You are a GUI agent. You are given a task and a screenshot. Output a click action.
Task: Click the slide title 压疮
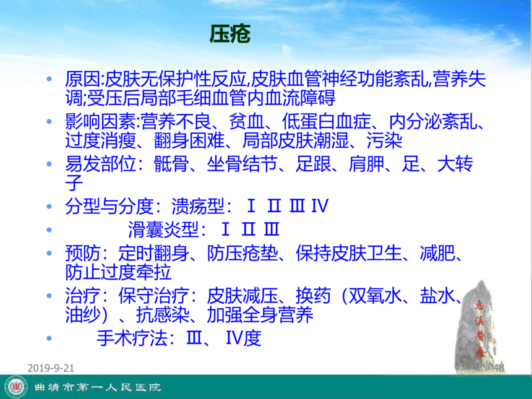230,34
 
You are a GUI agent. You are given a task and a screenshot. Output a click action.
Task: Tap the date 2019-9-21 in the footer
51,368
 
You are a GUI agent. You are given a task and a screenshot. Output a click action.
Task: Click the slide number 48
499,368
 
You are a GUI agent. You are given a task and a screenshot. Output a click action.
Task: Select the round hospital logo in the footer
17,387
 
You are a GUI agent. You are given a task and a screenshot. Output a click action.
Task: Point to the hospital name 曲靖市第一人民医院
97,387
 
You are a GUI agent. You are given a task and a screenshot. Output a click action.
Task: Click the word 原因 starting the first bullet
83,79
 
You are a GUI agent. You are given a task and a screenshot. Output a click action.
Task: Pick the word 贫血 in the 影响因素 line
246,121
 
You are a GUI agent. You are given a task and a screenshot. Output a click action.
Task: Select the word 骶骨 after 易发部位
171,164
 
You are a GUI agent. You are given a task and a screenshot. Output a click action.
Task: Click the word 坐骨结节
242,164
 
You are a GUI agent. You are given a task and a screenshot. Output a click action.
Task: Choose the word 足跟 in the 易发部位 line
313,164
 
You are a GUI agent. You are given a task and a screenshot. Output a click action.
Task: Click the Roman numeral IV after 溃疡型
320,206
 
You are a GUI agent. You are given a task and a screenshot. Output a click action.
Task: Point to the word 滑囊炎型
163,230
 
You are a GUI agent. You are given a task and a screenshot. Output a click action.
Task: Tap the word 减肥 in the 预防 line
437,253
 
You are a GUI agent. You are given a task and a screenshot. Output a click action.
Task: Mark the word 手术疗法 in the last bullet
132,338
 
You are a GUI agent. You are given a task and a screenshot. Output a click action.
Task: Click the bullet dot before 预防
49,253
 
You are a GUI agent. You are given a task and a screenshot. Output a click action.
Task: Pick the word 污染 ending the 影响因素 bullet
384,140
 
